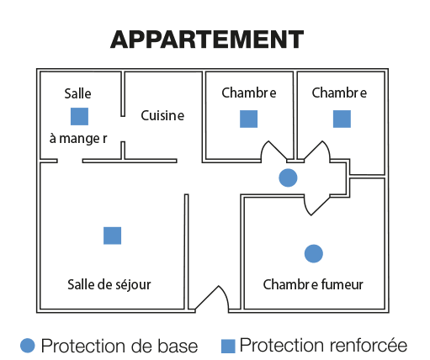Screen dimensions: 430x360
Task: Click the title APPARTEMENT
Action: [207, 40]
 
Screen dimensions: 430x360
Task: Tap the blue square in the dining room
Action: [79, 116]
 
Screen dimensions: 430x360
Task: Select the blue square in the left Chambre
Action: [248, 119]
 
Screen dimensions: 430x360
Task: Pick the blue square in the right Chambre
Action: [342, 119]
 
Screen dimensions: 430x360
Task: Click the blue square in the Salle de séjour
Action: [112, 236]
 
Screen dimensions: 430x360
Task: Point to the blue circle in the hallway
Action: [288, 177]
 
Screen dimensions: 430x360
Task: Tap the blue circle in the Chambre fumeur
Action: [314, 253]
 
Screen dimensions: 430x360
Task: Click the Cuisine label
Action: [162, 115]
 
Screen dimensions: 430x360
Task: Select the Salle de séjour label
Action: [109, 285]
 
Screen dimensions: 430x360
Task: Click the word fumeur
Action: [342, 284]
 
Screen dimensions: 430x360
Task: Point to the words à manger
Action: [78, 139]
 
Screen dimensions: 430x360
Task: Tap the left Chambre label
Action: [249, 93]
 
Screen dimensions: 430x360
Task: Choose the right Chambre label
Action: [339, 93]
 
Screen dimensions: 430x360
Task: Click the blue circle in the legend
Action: [28, 346]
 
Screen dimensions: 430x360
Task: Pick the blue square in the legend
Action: [228, 347]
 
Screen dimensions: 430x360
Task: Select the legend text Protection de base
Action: [119, 346]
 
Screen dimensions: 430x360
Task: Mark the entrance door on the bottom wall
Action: [212, 298]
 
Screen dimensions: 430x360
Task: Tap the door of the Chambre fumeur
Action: [317, 204]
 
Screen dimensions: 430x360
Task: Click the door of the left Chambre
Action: [273, 151]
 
